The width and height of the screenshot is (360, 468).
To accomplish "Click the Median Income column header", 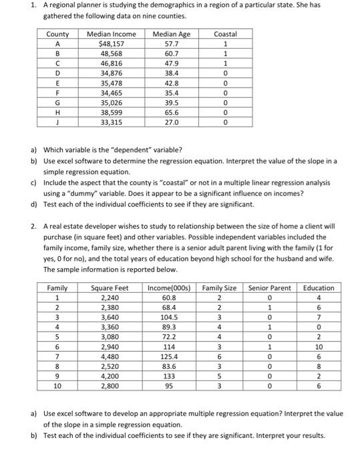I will click(112, 33).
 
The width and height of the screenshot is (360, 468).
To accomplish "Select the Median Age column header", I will click(171, 33).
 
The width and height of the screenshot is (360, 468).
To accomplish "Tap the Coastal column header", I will click(224, 33).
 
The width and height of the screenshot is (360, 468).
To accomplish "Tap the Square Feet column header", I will click(110, 288).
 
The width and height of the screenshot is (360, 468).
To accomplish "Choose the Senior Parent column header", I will click(269, 288).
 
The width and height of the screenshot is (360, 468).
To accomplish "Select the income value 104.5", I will click(170, 317).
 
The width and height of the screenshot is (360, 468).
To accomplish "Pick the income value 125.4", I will click(170, 356).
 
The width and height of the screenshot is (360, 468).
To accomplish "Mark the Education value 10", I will click(318, 347).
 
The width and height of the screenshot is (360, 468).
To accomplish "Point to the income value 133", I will click(170, 376).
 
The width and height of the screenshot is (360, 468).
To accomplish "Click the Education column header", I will click(318, 288).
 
